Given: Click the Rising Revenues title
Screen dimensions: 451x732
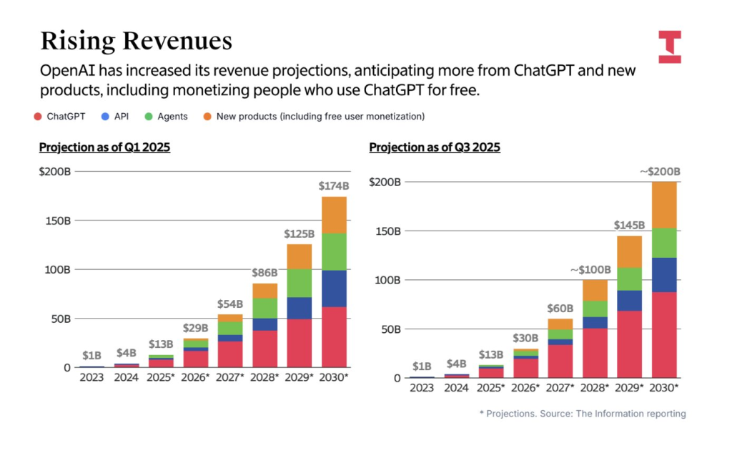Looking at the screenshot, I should click(136, 41).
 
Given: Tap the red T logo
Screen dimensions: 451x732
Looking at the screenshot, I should click(670, 47).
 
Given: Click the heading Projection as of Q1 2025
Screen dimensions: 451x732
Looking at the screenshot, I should click(104, 147).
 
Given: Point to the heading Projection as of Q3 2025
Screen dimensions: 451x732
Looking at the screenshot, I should click(435, 147).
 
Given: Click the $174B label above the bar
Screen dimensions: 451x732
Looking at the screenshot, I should click(334, 186).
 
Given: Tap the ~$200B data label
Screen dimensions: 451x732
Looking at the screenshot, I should click(659, 172).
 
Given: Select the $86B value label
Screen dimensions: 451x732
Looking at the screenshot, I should click(265, 273).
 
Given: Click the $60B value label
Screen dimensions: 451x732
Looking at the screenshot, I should click(560, 308).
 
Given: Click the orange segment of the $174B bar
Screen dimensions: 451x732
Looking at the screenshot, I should click(334, 215).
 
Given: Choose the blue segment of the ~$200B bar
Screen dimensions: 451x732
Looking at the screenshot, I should click(664, 275).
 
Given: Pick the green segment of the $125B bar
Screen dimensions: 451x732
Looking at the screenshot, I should click(300, 283).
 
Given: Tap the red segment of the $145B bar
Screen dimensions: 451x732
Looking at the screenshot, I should click(630, 344).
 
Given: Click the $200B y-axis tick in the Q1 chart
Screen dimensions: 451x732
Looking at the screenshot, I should click(55, 172).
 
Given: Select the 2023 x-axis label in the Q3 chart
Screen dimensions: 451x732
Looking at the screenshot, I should click(422, 388).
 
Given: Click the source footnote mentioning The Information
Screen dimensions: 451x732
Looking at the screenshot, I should click(582, 414).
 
